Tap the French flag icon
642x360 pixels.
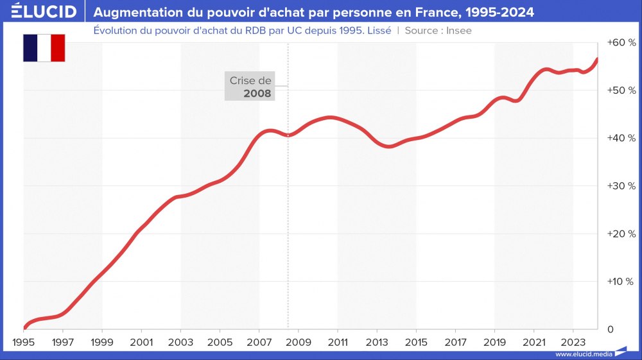[x=44, y=48]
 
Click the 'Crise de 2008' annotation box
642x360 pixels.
[x=250, y=87]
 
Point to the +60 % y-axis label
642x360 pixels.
[x=621, y=42]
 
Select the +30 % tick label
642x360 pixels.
[x=621, y=186]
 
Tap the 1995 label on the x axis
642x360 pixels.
[x=23, y=341]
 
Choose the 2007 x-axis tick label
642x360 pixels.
[x=259, y=341]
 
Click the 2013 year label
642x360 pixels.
[x=377, y=341]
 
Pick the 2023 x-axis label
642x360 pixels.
[x=573, y=341]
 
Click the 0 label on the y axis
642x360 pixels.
[x=610, y=330]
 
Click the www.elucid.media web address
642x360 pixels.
[x=583, y=354]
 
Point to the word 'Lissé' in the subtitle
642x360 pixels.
[x=377, y=30]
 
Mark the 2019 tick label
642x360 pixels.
[x=494, y=341]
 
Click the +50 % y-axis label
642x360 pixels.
[x=621, y=90]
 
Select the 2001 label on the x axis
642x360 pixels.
[x=141, y=341]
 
